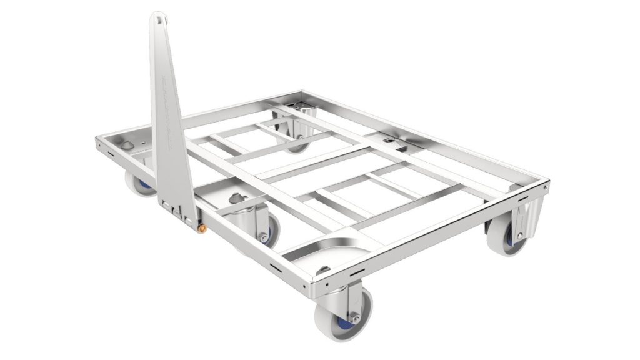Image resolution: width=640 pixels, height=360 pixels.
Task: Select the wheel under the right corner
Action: pos(505,236)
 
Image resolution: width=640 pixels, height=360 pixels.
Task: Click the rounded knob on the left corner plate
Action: pos(127,145)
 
